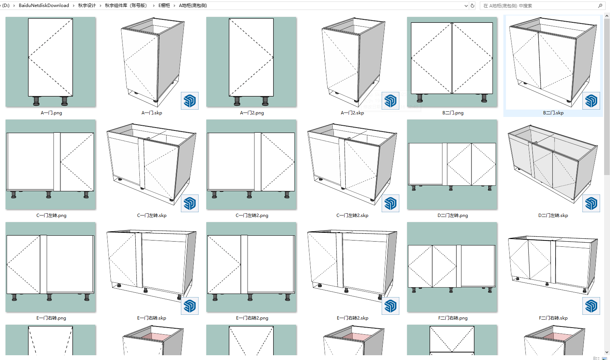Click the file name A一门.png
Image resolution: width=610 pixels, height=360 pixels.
point(51,113)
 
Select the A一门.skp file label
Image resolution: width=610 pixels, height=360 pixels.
point(151,113)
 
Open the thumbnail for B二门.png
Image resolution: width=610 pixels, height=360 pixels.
point(452,62)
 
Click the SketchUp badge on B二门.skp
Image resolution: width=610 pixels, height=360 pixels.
point(591,101)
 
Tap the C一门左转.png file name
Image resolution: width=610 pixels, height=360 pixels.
point(51,215)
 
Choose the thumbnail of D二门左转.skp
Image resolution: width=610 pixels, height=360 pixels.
point(553,164)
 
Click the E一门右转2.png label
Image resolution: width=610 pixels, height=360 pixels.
point(252,318)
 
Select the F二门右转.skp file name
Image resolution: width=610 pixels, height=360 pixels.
point(553,318)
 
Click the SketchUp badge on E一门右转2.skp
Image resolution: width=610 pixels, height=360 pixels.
point(390,306)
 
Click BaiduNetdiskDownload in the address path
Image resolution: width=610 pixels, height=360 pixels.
point(44,6)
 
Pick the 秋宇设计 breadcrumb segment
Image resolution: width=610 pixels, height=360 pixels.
point(87,6)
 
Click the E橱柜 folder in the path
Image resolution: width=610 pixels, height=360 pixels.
point(164,6)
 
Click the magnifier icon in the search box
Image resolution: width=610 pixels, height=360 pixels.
point(600,6)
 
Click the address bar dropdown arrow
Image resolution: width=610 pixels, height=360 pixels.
point(466,6)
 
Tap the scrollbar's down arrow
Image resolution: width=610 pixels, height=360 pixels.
point(607,352)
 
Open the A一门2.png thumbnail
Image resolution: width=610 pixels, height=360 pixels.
point(251,62)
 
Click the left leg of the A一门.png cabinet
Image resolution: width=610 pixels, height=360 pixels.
point(36,101)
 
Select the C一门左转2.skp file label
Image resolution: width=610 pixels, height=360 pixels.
point(352,215)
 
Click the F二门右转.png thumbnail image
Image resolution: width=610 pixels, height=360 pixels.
point(452,267)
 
